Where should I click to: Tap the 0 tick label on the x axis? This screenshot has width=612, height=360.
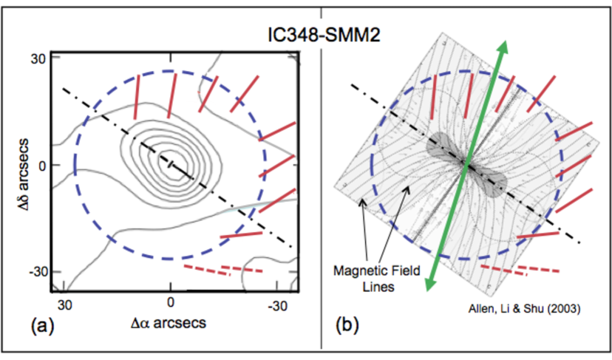coord(170,304)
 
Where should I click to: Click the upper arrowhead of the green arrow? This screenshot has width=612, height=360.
coord(503,47)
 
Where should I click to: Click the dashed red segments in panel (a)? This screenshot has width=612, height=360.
coord(222,268)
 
